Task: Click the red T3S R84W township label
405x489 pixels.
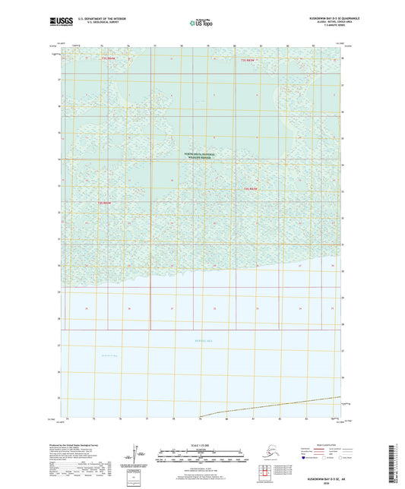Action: (104, 203)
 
